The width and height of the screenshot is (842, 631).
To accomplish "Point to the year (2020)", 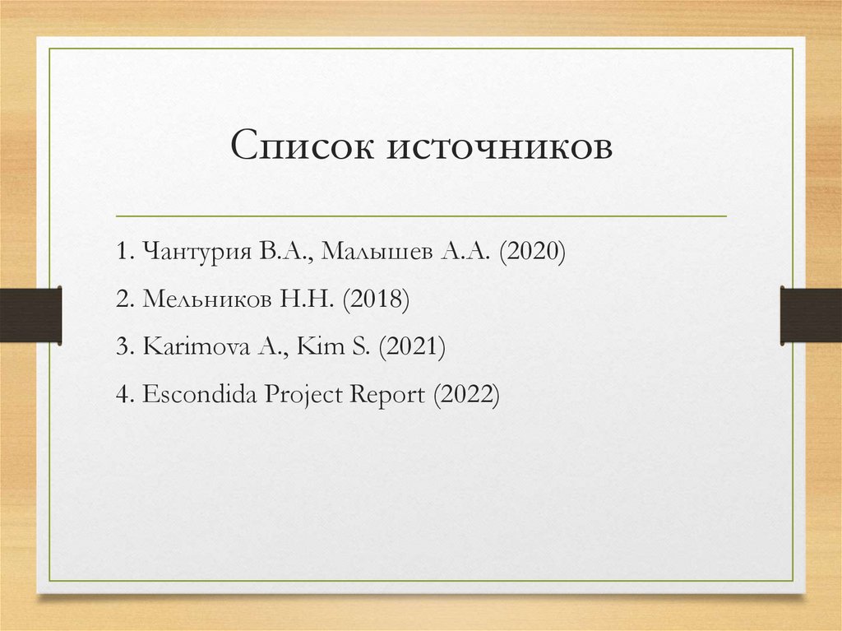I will pos(530,252).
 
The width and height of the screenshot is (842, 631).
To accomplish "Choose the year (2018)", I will pos(377,299).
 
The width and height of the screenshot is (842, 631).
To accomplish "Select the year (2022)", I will pos(466,394).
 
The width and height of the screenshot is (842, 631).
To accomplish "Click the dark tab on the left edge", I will pos(30,315).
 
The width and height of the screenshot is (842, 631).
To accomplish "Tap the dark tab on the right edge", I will pos(811,315).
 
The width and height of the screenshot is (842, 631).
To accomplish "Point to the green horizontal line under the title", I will pos(421,216).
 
